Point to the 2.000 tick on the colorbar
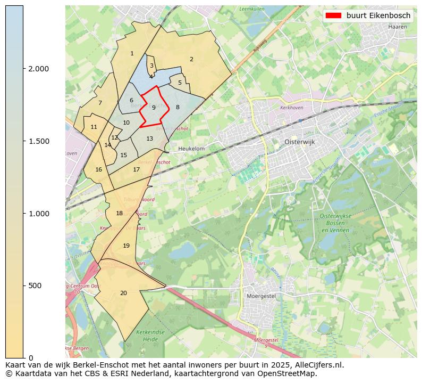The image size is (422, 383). (23, 69)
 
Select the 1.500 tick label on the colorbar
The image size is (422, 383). (38, 141)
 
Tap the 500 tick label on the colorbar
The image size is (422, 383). (34, 286)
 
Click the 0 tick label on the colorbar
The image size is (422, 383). (31, 357)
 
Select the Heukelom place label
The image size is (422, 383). (191, 149)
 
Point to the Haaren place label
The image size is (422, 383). (398, 26)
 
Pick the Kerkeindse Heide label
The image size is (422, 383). (148, 335)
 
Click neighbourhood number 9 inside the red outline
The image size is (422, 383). (154, 108)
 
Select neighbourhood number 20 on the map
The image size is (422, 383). (123, 293)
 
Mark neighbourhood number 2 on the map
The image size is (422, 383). (191, 59)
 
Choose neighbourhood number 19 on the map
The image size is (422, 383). (126, 246)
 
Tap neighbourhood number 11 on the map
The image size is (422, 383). (94, 127)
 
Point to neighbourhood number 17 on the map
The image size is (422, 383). (137, 169)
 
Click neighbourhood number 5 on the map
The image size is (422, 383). (180, 83)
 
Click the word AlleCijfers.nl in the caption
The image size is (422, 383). (317, 365)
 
